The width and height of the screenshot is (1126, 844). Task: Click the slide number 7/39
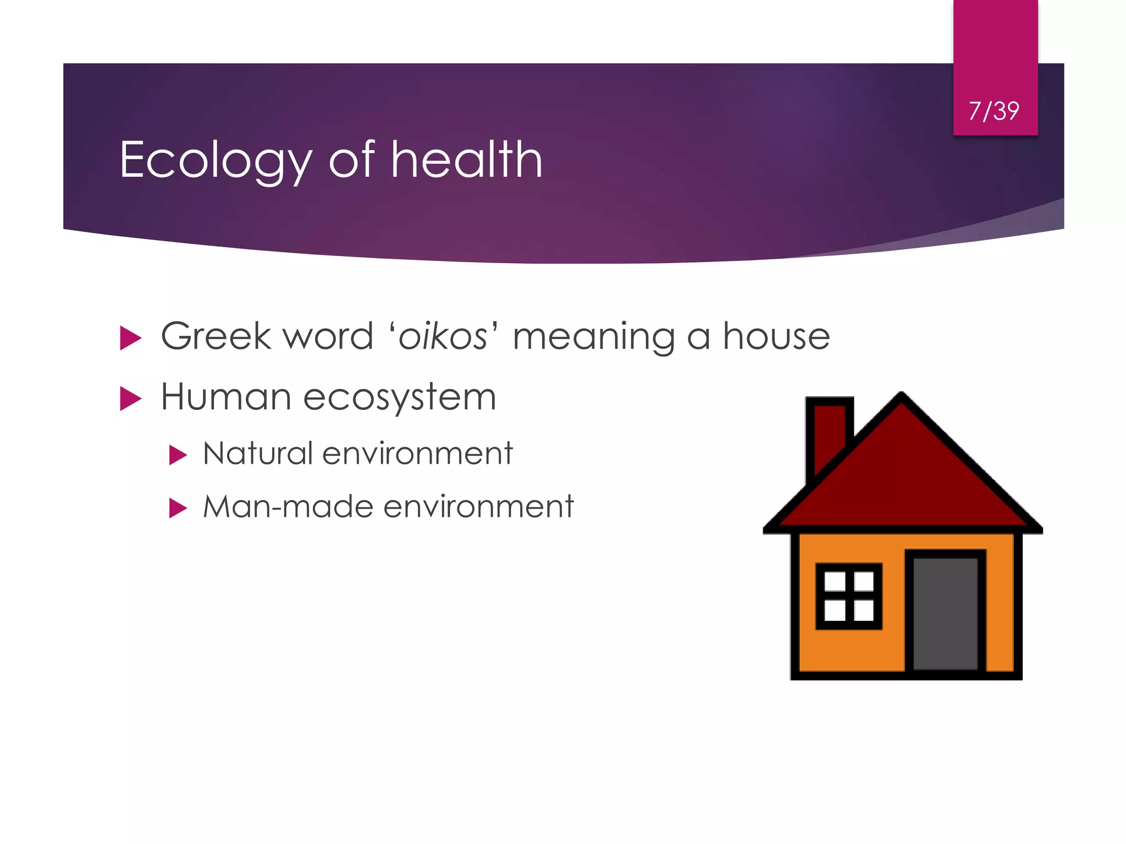click(x=994, y=111)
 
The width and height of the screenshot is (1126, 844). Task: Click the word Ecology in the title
click(x=215, y=160)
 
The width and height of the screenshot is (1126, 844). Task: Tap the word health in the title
click(x=467, y=160)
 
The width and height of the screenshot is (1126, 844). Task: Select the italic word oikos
click(x=443, y=336)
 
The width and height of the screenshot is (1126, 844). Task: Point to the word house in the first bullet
click(x=776, y=336)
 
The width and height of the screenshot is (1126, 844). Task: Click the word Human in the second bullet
click(x=225, y=397)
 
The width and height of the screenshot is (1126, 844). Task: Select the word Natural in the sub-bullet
click(x=257, y=454)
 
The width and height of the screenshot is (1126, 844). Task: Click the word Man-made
click(x=288, y=506)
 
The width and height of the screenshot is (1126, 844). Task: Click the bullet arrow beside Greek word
click(x=130, y=338)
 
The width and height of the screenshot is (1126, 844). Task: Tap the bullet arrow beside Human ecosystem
click(x=130, y=398)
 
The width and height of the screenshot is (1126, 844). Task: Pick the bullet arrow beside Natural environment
click(x=178, y=455)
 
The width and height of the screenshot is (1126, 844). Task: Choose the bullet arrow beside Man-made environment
click(x=178, y=508)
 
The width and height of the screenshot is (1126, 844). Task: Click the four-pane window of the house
click(x=849, y=596)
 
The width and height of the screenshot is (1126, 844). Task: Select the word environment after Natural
click(x=417, y=454)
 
